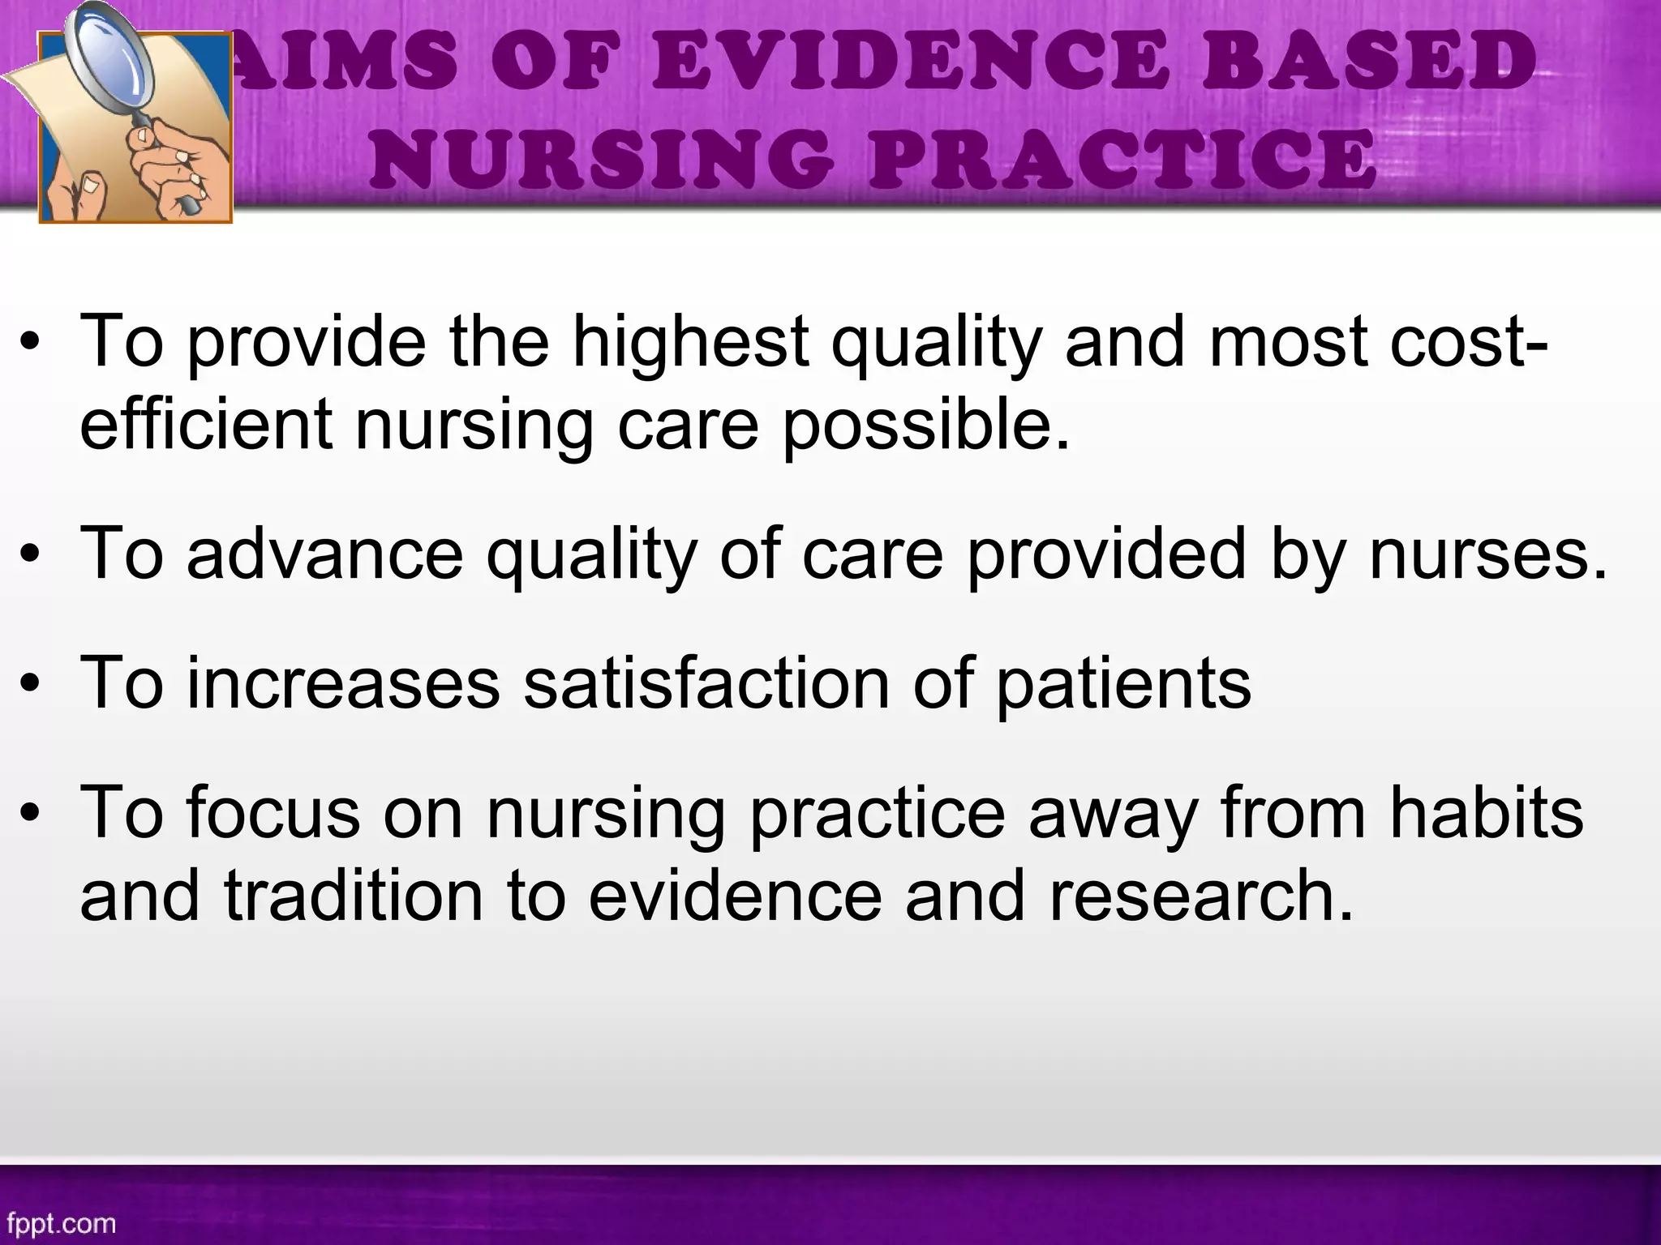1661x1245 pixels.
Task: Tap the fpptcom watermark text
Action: [x=62, y=1222]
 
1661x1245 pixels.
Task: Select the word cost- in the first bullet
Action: [x=1469, y=342]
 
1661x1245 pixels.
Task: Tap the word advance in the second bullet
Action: [x=324, y=554]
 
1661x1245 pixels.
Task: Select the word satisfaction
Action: [x=706, y=684]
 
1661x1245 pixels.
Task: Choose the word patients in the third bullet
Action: [x=1123, y=686]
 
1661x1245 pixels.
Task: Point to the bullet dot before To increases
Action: [x=31, y=687]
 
